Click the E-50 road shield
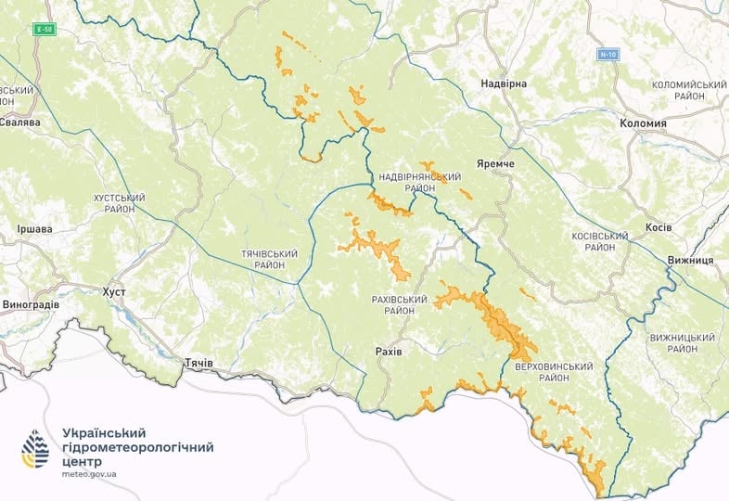(43, 30)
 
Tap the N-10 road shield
(607, 54)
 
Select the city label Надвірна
(504, 84)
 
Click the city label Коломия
(643, 123)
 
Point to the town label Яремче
(494, 164)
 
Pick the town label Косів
(659, 227)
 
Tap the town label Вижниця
(690, 261)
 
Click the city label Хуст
(114, 292)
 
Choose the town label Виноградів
(31, 304)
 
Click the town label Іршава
(35, 228)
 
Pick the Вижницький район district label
(687, 343)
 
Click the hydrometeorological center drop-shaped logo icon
(35, 449)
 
